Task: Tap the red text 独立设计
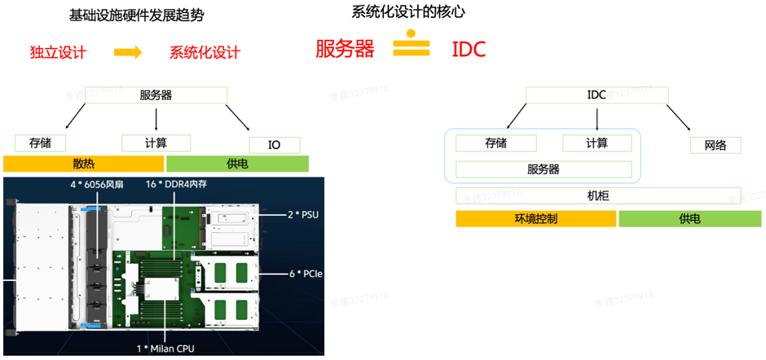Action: pos(58,52)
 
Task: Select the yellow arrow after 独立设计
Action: pos(128,52)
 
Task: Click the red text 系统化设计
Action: pos(205,52)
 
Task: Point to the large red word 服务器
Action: pos(345,49)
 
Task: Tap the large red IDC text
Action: pos(469,49)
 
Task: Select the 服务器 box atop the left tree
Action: pos(156,94)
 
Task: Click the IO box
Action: pos(274,145)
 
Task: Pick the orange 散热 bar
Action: pos(84,164)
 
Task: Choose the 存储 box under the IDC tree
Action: pos(495,143)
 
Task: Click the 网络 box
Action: pos(715,146)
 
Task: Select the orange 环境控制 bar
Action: pos(535,218)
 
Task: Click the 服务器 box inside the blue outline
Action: pos(543,169)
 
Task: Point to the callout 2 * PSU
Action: pos(302,215)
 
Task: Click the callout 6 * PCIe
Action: pos(306,274)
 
